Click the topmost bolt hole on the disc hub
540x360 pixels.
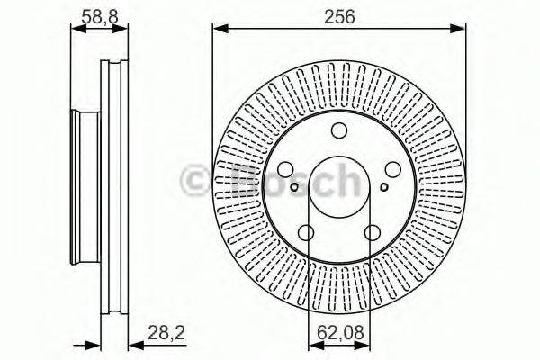[339, 129]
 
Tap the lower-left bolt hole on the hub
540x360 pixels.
[306, 232]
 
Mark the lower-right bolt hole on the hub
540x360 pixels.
[373, 232]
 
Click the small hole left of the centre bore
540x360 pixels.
[294, 187]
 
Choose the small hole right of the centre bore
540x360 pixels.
[384, 187]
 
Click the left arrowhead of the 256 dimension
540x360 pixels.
[217, 31]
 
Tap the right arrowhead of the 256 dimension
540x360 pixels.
[463, 31]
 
